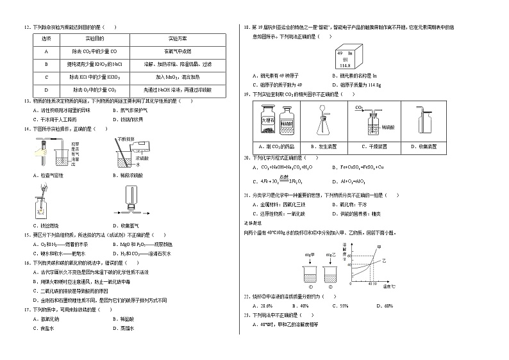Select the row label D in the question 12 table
pyautogui.click(x=46, y=90)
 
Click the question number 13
pyautogui.click(x=26, y=101)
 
